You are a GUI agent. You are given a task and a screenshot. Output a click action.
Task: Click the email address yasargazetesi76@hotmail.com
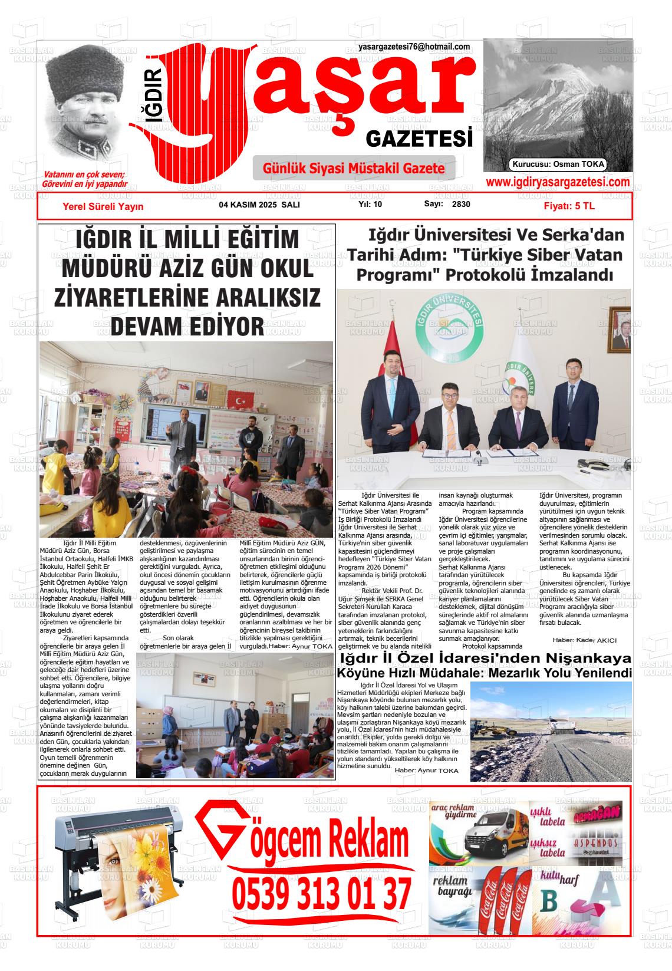[414, 47]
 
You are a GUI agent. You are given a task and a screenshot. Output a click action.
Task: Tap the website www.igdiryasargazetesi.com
[558, 182]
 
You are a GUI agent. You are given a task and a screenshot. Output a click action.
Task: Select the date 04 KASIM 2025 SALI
[259, 205]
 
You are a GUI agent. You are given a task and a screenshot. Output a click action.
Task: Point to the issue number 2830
[461, 205]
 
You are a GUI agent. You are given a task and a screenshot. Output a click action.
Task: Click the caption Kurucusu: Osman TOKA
[558, 164]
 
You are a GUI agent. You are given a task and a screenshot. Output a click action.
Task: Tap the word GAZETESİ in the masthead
[419, 139]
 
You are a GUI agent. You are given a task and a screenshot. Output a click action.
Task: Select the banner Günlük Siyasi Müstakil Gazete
[354, 169]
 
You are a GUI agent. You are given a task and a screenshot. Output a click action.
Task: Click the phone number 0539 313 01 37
[321, 894]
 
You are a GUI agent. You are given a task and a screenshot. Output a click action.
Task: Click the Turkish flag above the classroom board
[239, 401]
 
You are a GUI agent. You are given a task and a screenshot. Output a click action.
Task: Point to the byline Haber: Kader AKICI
[584, 640]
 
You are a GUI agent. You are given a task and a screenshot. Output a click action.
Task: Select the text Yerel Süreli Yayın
[103, 206]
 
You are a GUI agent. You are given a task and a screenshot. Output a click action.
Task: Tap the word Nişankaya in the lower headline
[582, 659]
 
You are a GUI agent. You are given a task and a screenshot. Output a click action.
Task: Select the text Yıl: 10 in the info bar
[370, 205]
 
